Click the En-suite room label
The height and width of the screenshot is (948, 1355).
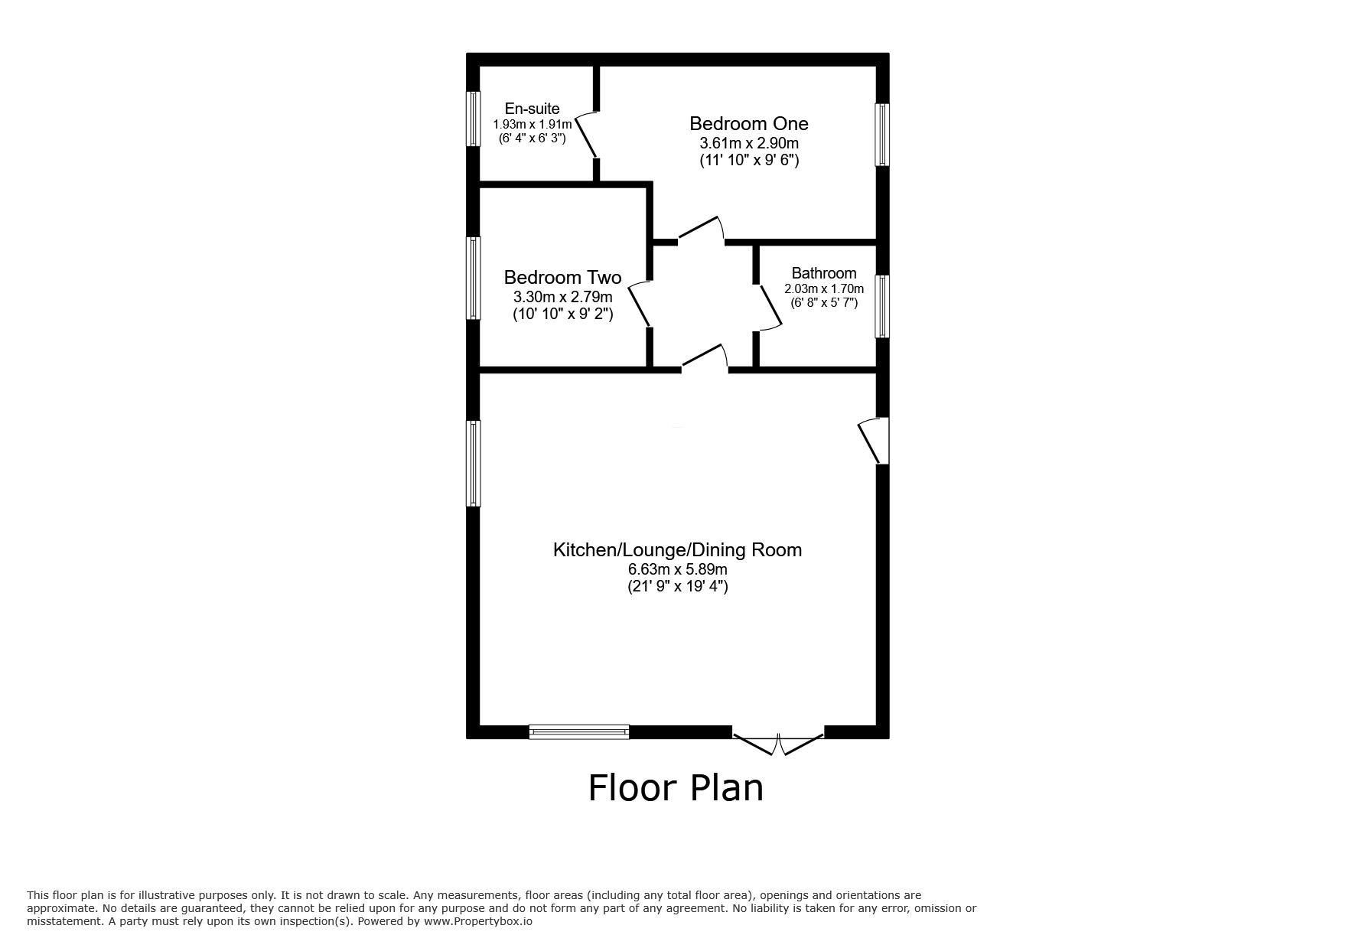532,109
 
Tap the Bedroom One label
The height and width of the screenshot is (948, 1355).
748,123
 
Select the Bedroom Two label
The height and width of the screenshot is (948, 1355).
562,277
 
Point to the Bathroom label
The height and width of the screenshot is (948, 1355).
823,273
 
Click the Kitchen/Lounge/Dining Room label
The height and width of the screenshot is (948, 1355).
677,549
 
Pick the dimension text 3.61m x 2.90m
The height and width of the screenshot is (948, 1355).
748,143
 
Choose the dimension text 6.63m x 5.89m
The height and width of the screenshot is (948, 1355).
677,569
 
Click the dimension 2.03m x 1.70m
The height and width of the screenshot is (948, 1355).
823,289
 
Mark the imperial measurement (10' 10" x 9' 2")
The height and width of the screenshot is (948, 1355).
562,314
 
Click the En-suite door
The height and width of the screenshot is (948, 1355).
587,135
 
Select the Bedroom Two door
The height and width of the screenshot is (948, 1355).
640,305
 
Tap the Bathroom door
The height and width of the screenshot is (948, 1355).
769,308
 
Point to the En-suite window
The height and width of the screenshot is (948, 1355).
474,119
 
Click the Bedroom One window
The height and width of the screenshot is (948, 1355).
882,135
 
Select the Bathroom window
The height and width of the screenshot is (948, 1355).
882,306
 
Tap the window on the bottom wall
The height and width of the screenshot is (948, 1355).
579,731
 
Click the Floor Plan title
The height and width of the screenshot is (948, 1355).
676,788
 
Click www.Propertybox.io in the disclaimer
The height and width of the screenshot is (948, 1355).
477,921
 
